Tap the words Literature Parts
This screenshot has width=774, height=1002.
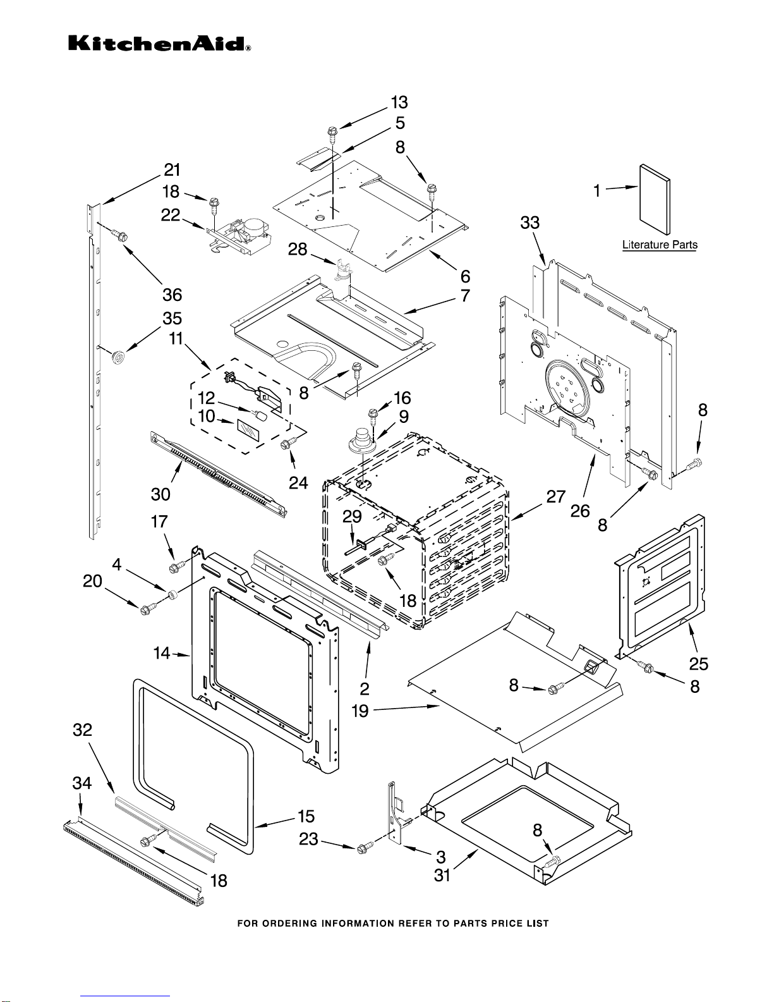pyautogui.click(x=659, y=245)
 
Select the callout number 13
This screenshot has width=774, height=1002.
pyautogui.click(x=399, y=102)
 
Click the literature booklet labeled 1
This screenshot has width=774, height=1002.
pyautogui.click(x=655, y=199)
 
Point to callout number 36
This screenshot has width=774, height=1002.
pyautogui.click(x=172, y=295)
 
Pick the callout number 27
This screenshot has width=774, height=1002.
pyautogui.click(x=555, y=497)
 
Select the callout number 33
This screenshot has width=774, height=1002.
pyautogui.click(x=530, y=223)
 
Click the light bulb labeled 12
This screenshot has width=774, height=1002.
pyautogui.click(x=261, y=417)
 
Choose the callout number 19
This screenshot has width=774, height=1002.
pyautogui.click(x=360, y=711)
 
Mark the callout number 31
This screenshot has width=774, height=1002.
pyautogui.click(x=442, y=875)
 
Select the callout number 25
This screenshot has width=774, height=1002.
pyautogui.click(x=698, y=664)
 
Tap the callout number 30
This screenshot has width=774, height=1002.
pyautogui.click(x=160, y=494)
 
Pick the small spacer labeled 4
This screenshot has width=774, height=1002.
pyautogui.click(x=172, y=594)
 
